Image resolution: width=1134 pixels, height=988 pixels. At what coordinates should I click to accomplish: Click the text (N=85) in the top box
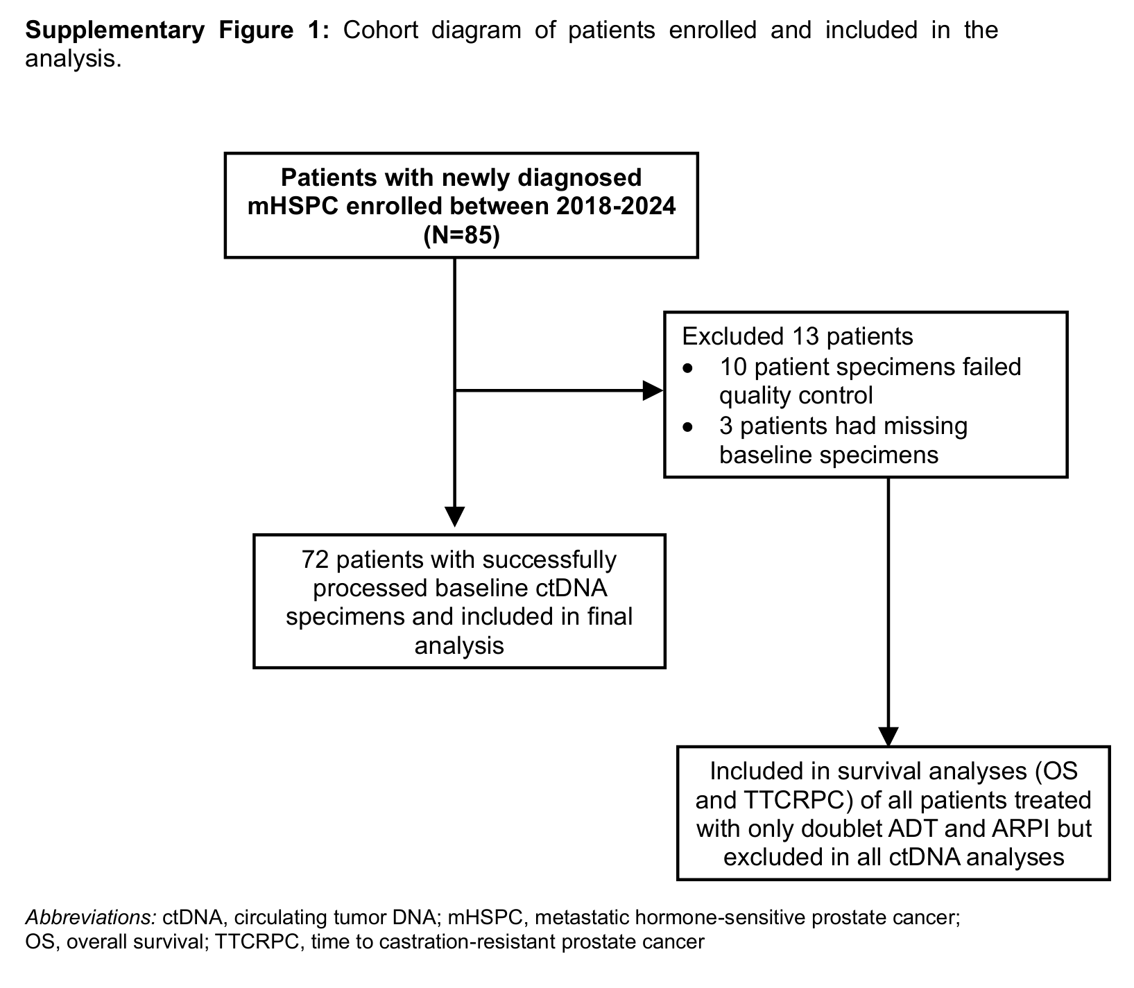tap(461, 236)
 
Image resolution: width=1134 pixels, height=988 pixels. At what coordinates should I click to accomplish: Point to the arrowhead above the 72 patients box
tap(454, 517)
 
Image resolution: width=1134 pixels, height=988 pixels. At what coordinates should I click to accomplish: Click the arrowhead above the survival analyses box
tap(888, 737)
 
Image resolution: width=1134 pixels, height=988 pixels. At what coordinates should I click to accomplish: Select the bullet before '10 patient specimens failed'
tap(687, 368)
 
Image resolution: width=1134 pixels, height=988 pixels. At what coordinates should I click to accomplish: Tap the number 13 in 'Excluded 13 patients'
tap(798, 337)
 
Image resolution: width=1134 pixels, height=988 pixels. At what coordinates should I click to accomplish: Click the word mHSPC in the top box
tap(286, 207)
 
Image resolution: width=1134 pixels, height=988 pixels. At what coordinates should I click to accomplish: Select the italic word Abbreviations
tap(91, 917)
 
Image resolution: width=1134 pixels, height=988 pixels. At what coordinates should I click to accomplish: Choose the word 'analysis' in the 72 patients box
tap(459, 646)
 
